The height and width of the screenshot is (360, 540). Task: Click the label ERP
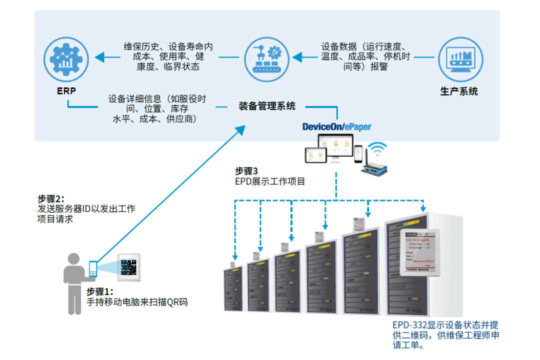coord(66,92)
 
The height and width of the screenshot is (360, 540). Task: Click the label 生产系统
coord(459,91)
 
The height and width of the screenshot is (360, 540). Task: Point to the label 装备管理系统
coord(267,106)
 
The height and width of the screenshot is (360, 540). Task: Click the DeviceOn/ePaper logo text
coord(337,127)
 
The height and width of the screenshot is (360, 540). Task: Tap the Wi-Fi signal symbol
coord(377,149)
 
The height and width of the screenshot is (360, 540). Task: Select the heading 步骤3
coord(246,171)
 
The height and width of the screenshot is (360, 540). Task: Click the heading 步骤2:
coord(51,198)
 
